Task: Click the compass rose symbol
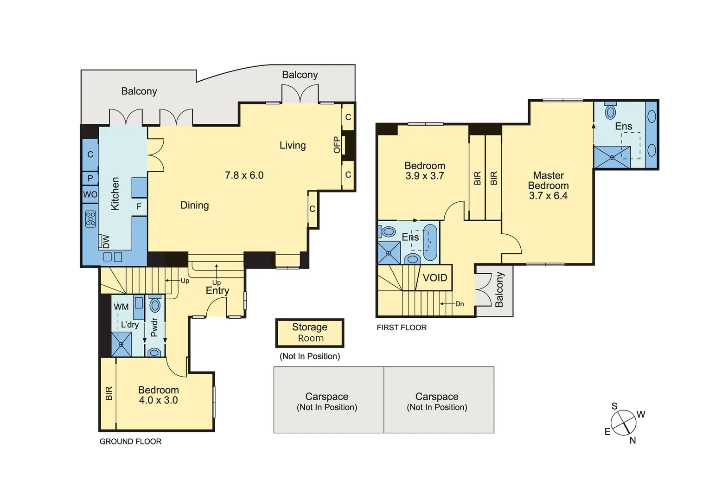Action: [x=624, y=423]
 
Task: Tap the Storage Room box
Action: [x=310, y=333]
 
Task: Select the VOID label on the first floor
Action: [x=435, y=278]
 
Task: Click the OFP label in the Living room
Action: [x=337, y=145]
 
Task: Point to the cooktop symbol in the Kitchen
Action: [x=90, y=218]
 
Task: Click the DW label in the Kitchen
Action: [x=106, y=241]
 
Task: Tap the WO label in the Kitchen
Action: [x=90, y=194]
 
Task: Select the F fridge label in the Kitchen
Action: [x=139, y=207]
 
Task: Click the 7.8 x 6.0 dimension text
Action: [x=244, y=175]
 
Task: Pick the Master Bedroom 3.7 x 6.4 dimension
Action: [x=548, y=196]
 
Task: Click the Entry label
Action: [x=217, y=290]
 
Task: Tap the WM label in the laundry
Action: [x=121, y=307]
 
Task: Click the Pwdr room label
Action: [x=154, y=327]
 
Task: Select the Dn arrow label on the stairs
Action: [x=459, y=304]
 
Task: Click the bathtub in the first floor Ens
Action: [x=430, y=242]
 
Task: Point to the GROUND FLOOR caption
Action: [x=130, y=442]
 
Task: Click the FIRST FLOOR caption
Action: [x=402, y=328]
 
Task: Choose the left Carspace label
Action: [x=327, y=397]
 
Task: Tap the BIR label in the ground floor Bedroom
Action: [x=109, y=393]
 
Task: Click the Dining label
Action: [x=194, y=205]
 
